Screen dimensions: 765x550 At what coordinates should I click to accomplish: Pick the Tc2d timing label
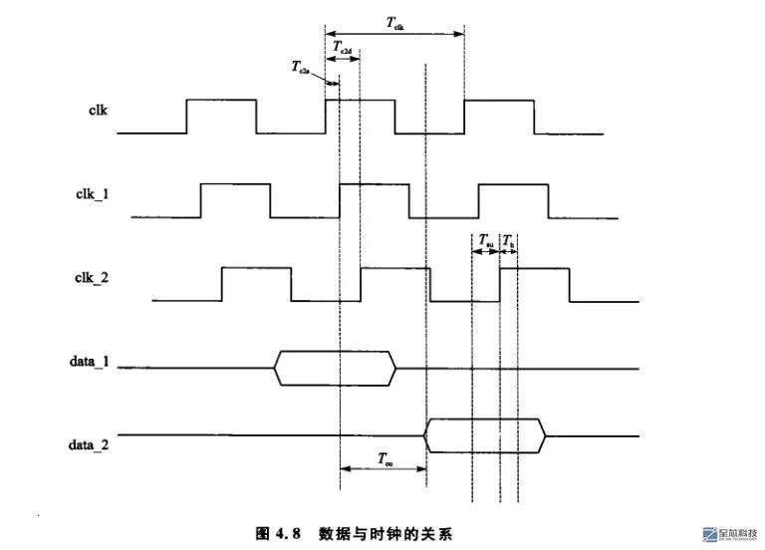tap(342, 46)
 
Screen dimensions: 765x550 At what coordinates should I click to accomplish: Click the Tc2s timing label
tap(301, 68)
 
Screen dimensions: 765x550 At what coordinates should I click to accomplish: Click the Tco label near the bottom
tap(383, 458)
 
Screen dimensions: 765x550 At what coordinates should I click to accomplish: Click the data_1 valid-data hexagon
tap(335, 368)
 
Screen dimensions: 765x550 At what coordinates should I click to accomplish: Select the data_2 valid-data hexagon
tap(485, 433)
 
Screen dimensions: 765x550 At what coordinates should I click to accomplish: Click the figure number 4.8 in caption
tap(285, 533)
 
